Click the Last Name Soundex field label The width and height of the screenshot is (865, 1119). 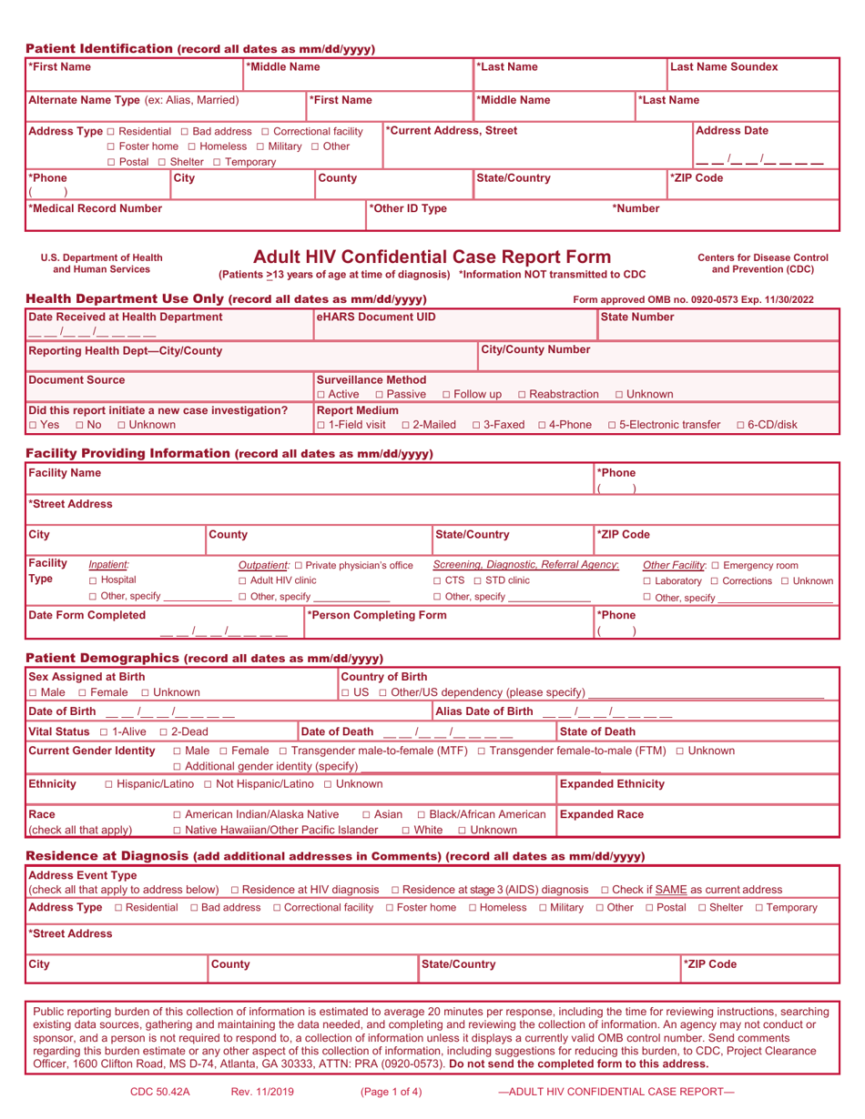[724, 67]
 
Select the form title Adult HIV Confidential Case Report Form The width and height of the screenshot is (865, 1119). [432, 257]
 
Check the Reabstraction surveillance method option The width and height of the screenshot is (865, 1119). [523, 394]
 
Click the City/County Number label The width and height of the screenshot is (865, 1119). [537, 349]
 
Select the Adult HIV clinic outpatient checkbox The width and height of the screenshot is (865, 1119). [242, 580]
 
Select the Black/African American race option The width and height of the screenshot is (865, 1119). [422, 814]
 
